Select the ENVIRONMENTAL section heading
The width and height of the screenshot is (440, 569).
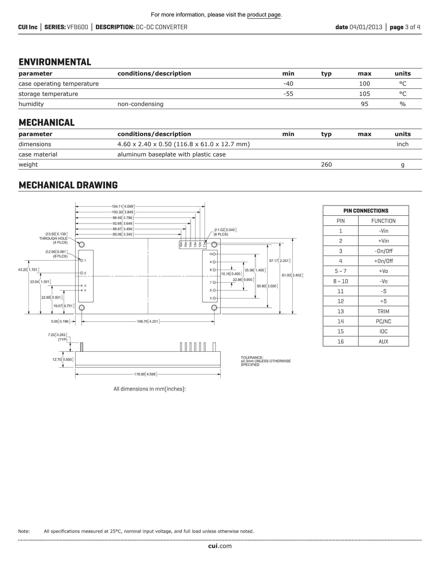pos(55,62)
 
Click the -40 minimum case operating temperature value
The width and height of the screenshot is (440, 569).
pos(288,84)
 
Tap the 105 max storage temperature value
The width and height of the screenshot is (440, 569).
pos(364,94)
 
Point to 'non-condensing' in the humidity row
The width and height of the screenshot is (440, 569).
pos(140,104)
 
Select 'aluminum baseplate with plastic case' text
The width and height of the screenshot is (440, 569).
pos(171,154)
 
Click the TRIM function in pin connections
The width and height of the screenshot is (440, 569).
pos(383,311)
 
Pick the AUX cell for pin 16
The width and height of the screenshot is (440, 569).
pos(383,342)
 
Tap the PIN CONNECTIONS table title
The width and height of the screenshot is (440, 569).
pos(365,211)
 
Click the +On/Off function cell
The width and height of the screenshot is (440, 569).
pos(383,261)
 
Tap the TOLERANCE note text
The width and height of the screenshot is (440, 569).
pos(265,361)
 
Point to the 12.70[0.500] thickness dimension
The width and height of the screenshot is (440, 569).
pos(63,360)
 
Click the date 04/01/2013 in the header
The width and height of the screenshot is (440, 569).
pos(365,27)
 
